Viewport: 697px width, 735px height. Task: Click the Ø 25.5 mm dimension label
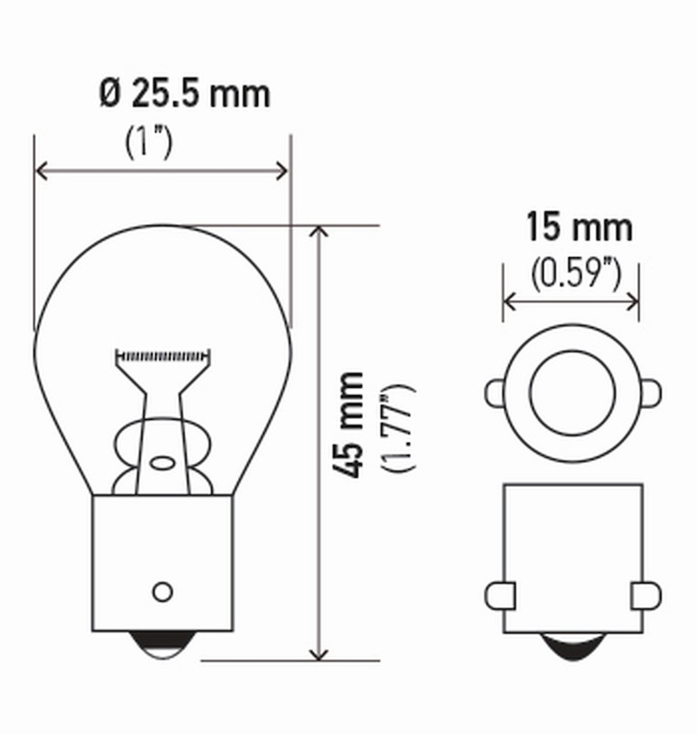tap(184, 93)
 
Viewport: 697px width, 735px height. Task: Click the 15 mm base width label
tap(579, 226)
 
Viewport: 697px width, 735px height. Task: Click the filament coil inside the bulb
tap(163, 355)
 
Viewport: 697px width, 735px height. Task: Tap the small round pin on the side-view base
tap(163, 591)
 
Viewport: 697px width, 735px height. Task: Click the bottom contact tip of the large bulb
tap(163, 646)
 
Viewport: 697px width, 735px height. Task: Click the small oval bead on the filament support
tap(163, 462)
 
